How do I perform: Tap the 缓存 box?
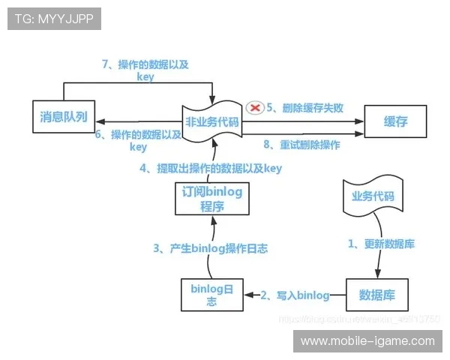click(x=395, y=120)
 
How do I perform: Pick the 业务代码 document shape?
click(x=373, y=198)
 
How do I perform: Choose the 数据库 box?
click(x=376, y=294)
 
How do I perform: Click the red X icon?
click(x=255, y=108)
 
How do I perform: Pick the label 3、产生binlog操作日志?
click(x=211, y=247)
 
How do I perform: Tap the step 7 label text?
click(x=145, y=70)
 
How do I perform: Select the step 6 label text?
click(x=139, y=140)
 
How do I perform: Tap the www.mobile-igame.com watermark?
click(x=367, y=341)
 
